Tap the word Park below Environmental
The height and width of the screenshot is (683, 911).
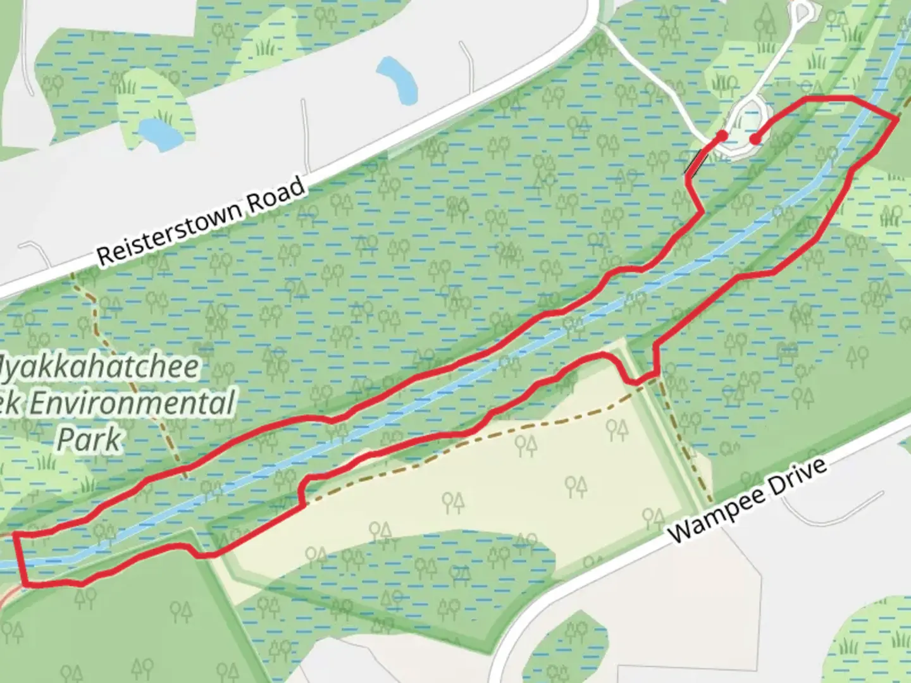[89, 439]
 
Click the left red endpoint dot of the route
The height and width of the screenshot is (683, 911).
[722, 135]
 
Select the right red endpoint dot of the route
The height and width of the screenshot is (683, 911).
[754, 139]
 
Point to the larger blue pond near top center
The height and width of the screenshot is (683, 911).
[397, 79]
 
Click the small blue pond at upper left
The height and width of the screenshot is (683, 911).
[159, 132]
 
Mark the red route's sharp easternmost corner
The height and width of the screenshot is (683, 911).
[897, 118]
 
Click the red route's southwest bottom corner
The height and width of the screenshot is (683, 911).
[25, 584]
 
